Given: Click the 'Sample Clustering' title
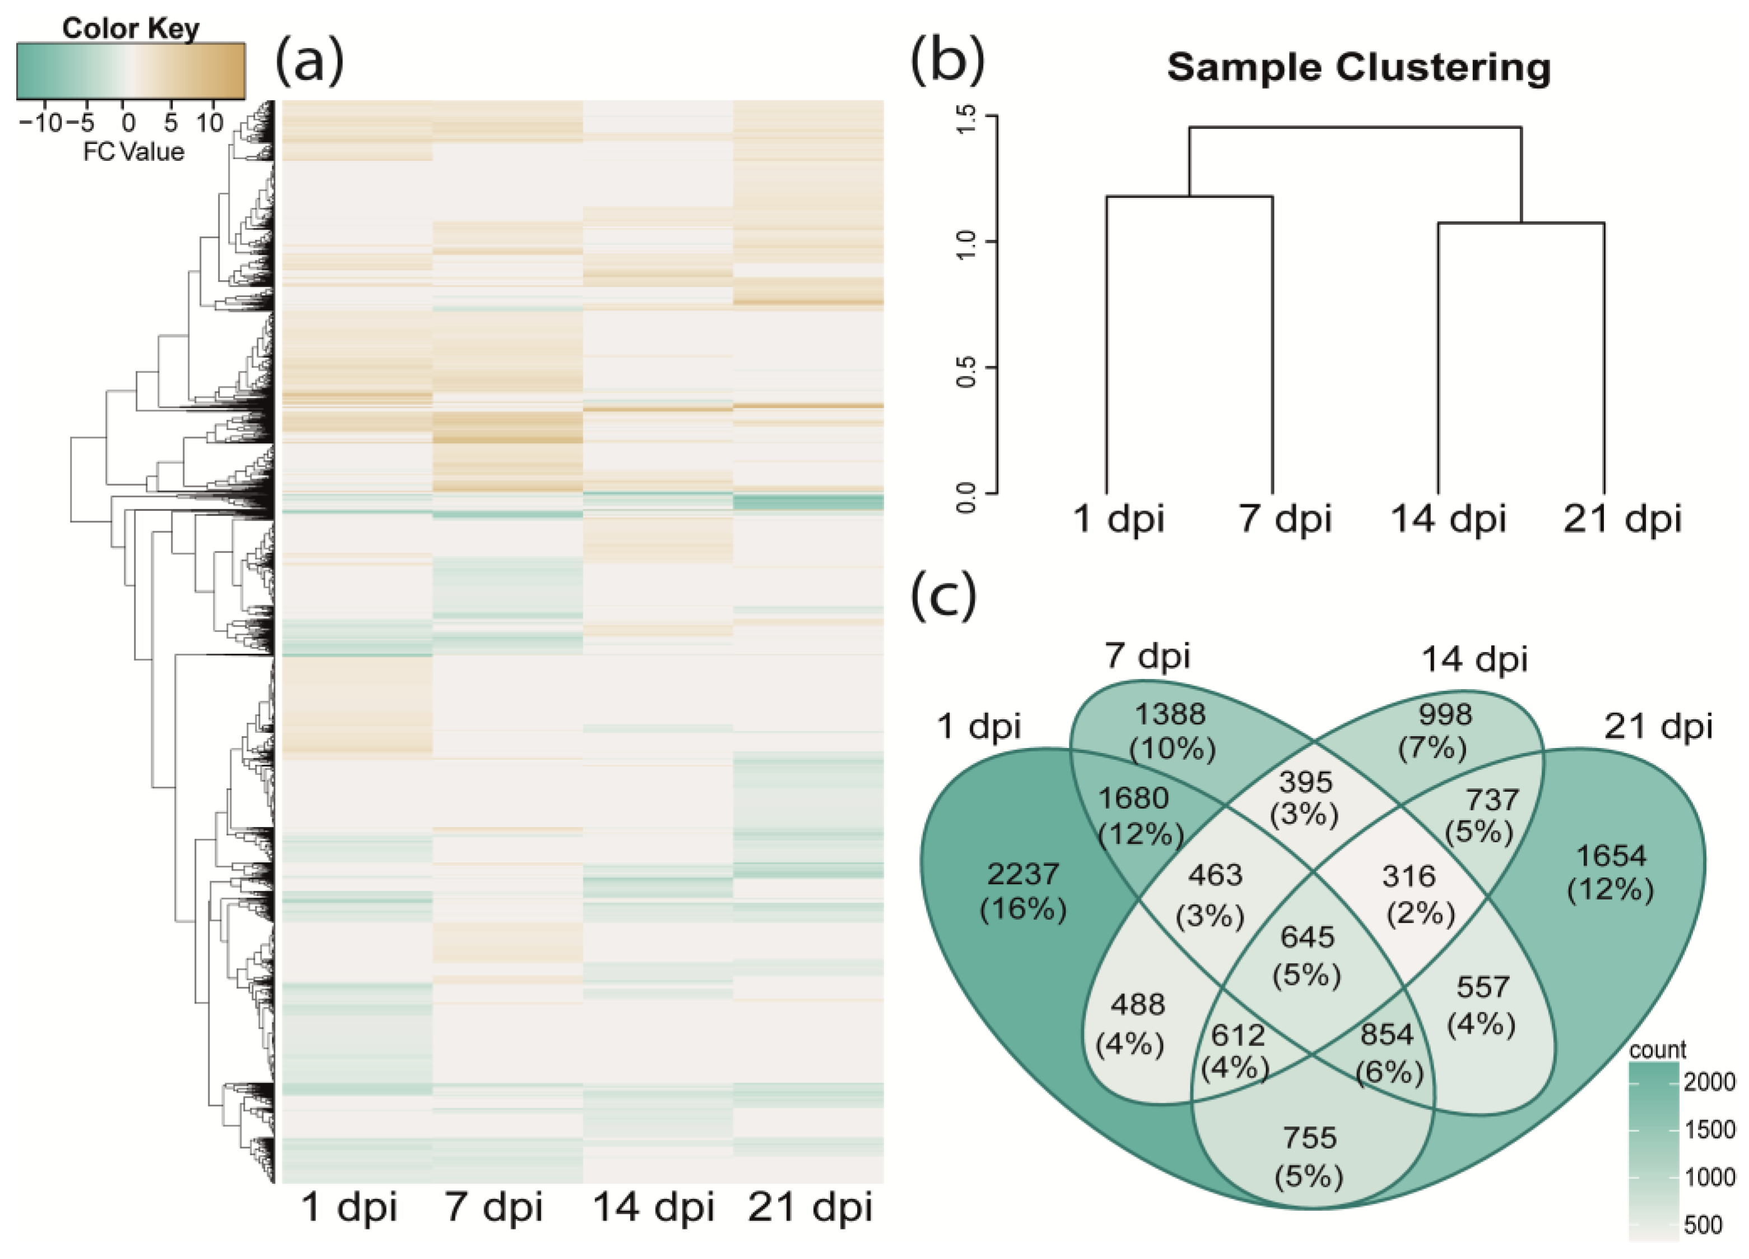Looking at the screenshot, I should tap(1359, 67).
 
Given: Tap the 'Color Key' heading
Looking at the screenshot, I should tap(131, 29).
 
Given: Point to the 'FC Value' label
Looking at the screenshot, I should tap(133, 151).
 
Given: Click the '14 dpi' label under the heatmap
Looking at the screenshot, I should tap(653, 1207).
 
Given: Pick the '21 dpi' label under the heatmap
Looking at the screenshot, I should tap(810, 1207).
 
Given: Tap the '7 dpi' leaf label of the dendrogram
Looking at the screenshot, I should tap(1285, 518).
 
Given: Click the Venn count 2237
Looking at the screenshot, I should tap(1022, 874).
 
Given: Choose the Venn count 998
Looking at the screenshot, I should tap(1445, 714).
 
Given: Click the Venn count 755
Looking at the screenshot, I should tap(1309, 1138).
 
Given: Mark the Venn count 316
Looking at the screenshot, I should tap(1408, 876).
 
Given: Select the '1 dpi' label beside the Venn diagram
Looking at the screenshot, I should tap(979, 727).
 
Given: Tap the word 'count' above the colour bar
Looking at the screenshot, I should tap(1658, 1049).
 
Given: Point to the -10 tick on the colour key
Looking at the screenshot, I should tap(40, 123).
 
